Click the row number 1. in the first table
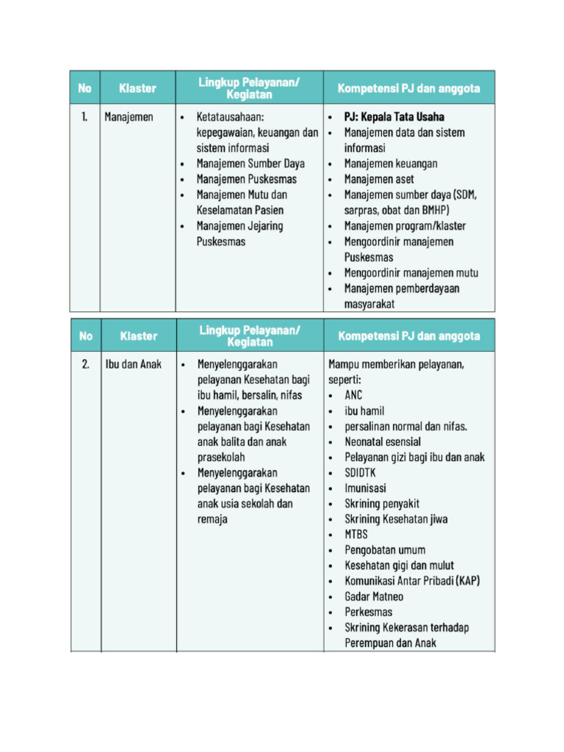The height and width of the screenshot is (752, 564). [85, 117]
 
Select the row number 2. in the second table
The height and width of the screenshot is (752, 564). [86, 364]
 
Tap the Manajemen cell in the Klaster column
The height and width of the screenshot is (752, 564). [129, 117]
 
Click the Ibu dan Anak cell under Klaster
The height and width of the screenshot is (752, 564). [133, 364]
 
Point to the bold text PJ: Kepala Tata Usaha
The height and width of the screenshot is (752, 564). [394, 117]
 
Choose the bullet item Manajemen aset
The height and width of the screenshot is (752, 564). [379, 179]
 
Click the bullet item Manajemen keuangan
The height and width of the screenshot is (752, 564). [391, 164]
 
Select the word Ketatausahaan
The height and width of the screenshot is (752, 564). [231, 117]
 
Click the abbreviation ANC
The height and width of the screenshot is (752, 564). [353, 395]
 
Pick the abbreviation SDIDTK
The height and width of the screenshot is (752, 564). [360, 473]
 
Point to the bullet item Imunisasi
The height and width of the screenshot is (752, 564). [365, 488]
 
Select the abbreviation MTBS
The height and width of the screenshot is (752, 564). [356, 535]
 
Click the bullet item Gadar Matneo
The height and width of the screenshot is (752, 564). [374, 596]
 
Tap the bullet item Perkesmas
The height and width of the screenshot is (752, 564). [368, 612]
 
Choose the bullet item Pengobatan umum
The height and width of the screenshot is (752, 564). [385, 550]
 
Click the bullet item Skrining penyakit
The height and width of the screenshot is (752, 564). [382, 504]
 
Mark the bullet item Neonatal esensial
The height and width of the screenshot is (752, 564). [383, 442]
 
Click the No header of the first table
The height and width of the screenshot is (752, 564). [85, 88]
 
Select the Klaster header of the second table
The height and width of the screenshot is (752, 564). [139, 336]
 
